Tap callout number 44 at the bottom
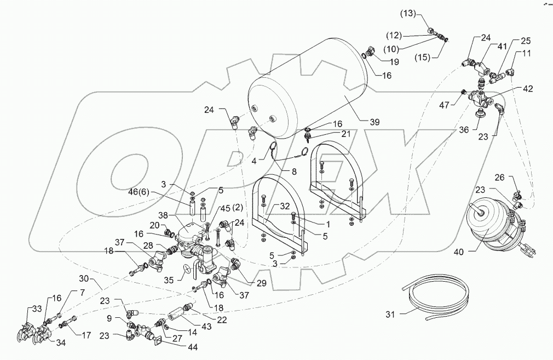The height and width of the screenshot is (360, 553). (x=192, y=347)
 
